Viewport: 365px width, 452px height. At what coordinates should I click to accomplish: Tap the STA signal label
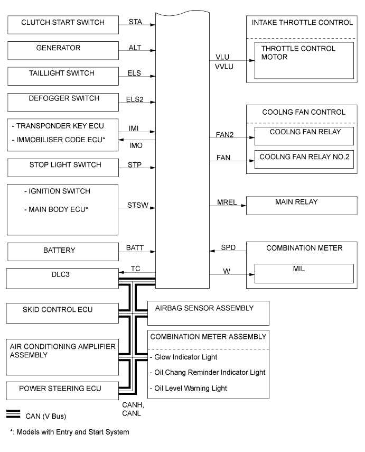(x=135, y=22)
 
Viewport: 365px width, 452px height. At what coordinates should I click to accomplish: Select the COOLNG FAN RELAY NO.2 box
(x=304, y=159)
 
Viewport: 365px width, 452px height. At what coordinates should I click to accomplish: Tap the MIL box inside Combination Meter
(x=304, y=273)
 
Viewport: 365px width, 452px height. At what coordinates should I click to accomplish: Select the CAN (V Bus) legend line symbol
(x=14, y=414)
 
